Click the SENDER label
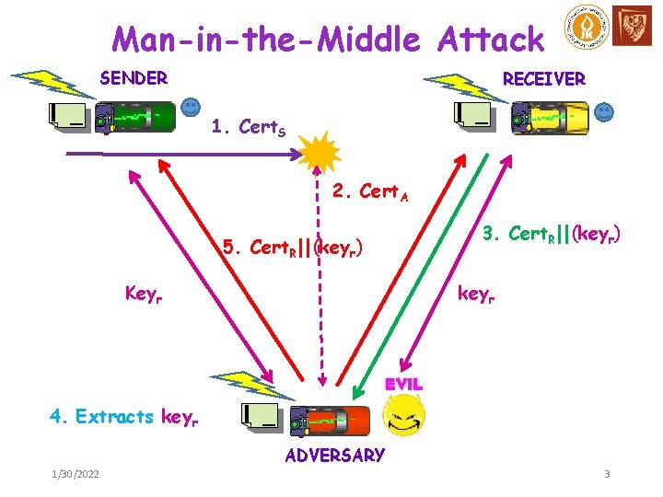pos(134,78)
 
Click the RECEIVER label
pos(543,79)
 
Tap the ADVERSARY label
pos(335,455)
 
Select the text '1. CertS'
pos(248,128)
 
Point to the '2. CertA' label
pos(371,192)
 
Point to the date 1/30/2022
pos(77,474)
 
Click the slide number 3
pos(607,474)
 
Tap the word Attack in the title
pos(491,39)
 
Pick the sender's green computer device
pos(138,118)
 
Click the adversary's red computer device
pos(331,420)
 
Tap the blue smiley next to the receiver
pos(604,112)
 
